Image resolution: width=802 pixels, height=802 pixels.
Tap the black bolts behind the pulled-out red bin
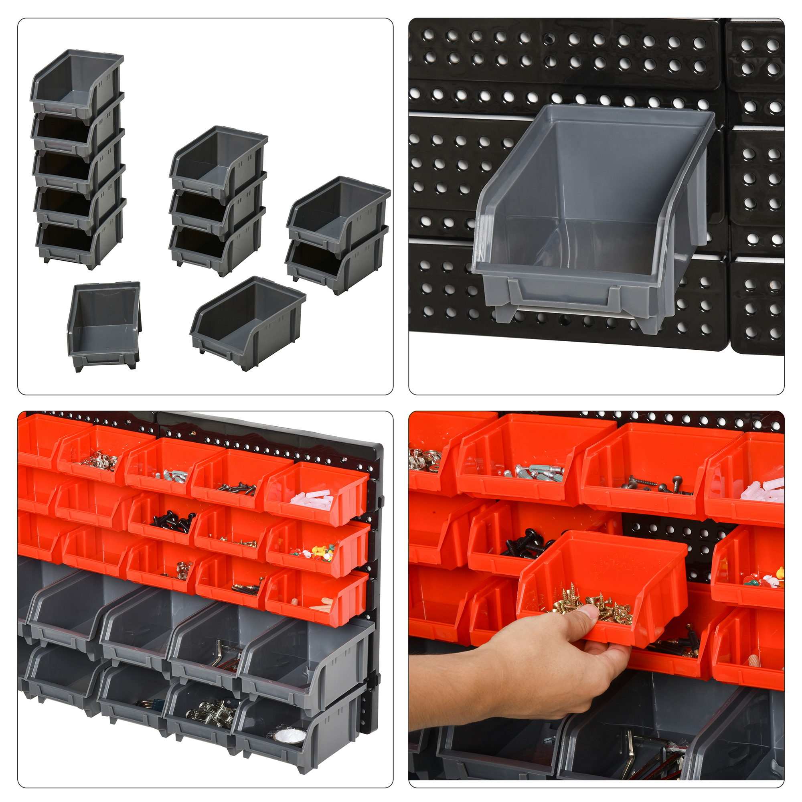click(x=525, y=544)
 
